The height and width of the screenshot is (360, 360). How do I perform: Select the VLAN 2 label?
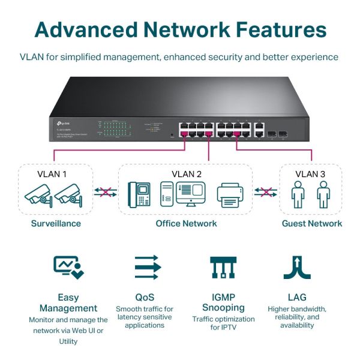tap(186, 175)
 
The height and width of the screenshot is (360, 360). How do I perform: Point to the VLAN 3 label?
tap(310, 175)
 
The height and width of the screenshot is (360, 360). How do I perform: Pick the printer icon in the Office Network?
tap(229, 194)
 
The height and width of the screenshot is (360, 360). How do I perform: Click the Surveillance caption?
tap(56, 224)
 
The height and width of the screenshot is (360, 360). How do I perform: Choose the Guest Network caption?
tap(311, 224)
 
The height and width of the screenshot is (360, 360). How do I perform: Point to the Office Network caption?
tap(186, 224)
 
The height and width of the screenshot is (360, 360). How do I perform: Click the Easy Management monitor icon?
tap(68, 267)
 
